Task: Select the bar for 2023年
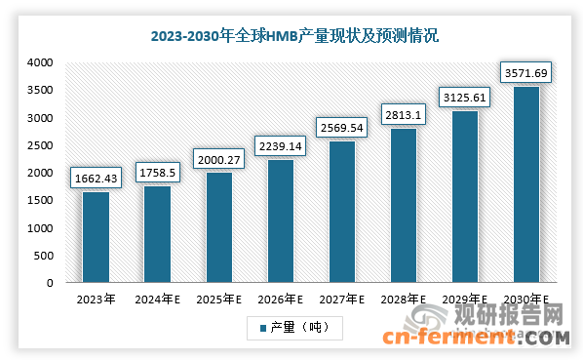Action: click(96, 237)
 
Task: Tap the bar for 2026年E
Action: click(280, 221)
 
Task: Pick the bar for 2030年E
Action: click(525, 184)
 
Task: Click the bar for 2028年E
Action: click(403, 205)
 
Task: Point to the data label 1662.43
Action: click(96, 179)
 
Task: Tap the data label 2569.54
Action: click(341, 128)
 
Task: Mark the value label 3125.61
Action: click(464, 98)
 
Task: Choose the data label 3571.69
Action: click(525, 73)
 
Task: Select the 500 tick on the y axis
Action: click(42, 256)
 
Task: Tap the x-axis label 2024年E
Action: click(157, 300)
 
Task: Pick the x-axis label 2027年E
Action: click(341, 300)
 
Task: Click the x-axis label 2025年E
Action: click(218, 300)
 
